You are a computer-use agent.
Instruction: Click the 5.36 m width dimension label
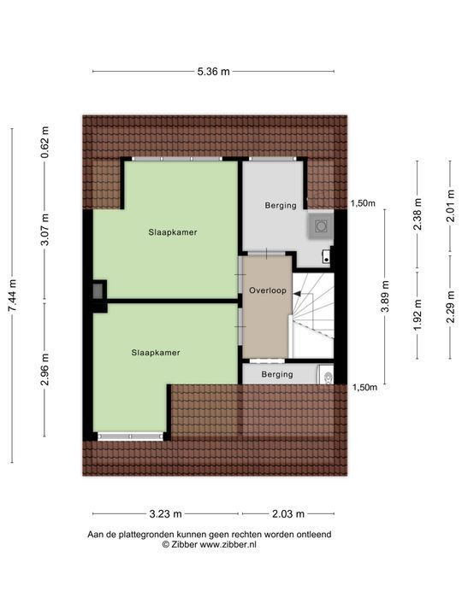coord(213,72)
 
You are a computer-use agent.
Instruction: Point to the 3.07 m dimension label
coord(45,231)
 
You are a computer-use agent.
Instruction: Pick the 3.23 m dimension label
coord(165,513)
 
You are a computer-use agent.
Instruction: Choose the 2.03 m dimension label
coord(287,513)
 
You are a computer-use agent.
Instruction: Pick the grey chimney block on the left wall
coord(99,290)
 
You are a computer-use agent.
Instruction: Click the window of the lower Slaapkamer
coord(130,436)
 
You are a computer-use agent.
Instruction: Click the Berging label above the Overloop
coord(280,205)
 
